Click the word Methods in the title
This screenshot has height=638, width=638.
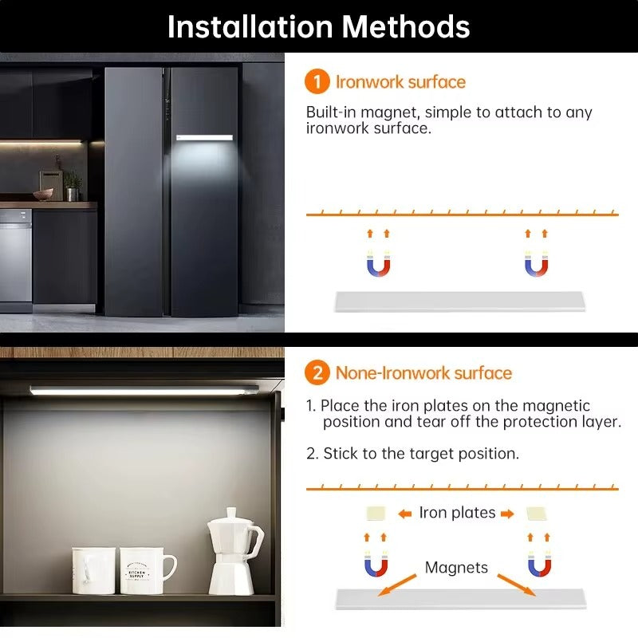(x=407, y=26)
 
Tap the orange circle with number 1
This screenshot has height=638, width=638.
(x=317, y=81)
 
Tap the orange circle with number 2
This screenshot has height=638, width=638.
(x=317, y=372)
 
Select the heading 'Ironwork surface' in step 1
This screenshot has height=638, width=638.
(x=400, y=81)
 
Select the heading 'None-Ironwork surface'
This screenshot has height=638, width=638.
(x=423, y=372)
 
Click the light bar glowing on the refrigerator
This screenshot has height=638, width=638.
(x=204, y=138)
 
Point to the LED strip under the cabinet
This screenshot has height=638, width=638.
(x=144, y=390)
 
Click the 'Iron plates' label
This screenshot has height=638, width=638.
(x=457, y=513)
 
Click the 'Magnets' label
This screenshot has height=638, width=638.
(x=456, y=568)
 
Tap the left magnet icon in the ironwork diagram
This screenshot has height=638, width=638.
(x=378, y=264)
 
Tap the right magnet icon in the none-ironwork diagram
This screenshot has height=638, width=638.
(x=538, y=565)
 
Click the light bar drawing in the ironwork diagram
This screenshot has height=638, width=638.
(x=460, y=301)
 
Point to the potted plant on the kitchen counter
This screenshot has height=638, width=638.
(x=73, y=186)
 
